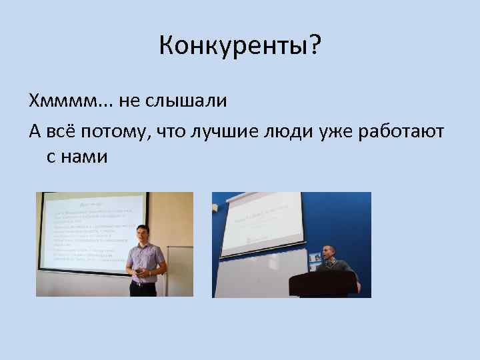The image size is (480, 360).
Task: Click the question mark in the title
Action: click(x=315, y=46)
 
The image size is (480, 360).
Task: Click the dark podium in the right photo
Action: click(x=321, y=283)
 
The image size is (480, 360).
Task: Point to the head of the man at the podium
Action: click(x=328, y=253)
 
